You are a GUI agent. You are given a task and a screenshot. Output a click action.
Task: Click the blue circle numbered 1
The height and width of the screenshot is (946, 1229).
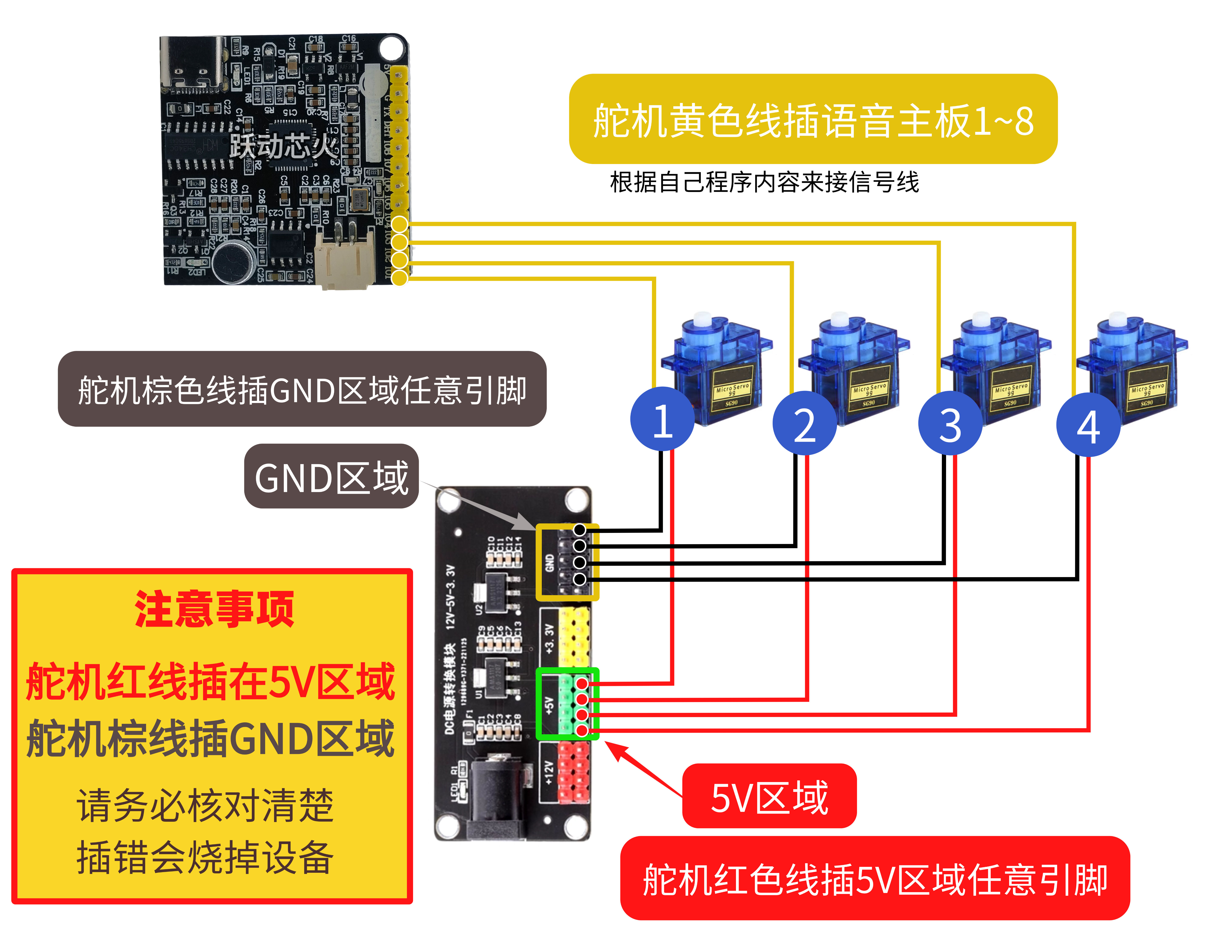pyautogui.click(x=662, y=419)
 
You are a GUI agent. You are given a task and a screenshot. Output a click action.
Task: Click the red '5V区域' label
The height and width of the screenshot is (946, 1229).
pyautogui.click(x=769, y=796)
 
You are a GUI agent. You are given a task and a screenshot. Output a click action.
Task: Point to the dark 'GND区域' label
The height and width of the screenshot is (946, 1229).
pyautogui.click(x=331, y=477)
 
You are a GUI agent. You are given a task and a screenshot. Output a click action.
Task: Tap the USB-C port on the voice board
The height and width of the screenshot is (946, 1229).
pyautogui.click(x=191, y=65)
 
